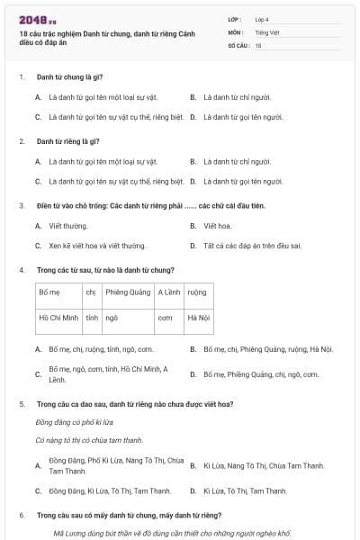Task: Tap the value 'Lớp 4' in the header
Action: pyautogui.click(x=262, y=19)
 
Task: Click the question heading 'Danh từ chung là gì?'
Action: pyautogui.click(x=68, y=77)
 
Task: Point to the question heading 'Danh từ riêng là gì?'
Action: pyautogui.click(x=68, y=141)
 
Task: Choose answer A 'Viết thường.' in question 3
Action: pyautogui.click(x=68, y=226)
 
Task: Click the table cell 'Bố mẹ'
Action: pyautogui.click(x=49, y=292)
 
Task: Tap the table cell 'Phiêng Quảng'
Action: pyautogui.click(x=128, y=292)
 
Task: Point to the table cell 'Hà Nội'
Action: pyautogui.click(x=198, y=318)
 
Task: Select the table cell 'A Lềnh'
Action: pyautogui.click(x=168, y=292)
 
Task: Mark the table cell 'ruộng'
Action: pyautogui.click(x=197, y=292)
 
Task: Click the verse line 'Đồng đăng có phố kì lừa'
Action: pyautogui.click(x=74, y=422)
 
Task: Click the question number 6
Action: pyautogui.click(x=22, y=517)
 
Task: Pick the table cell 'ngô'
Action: pyautogui.click(x=112, y=318)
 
